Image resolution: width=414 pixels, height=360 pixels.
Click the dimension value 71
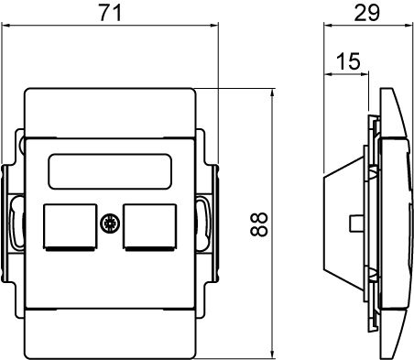tap(111, 13)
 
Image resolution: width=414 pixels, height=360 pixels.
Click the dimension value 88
tap(259, 224)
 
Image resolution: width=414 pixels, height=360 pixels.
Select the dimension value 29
tap(366, 13)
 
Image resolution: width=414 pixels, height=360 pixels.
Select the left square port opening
tap(71, 227)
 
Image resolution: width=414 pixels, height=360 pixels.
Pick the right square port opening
tap(150, 227)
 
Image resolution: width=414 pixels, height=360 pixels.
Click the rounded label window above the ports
tap(110, 171)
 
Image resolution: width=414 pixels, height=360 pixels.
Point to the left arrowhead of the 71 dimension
tap(5, 26)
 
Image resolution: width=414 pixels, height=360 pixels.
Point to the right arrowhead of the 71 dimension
tap(215, 26)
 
